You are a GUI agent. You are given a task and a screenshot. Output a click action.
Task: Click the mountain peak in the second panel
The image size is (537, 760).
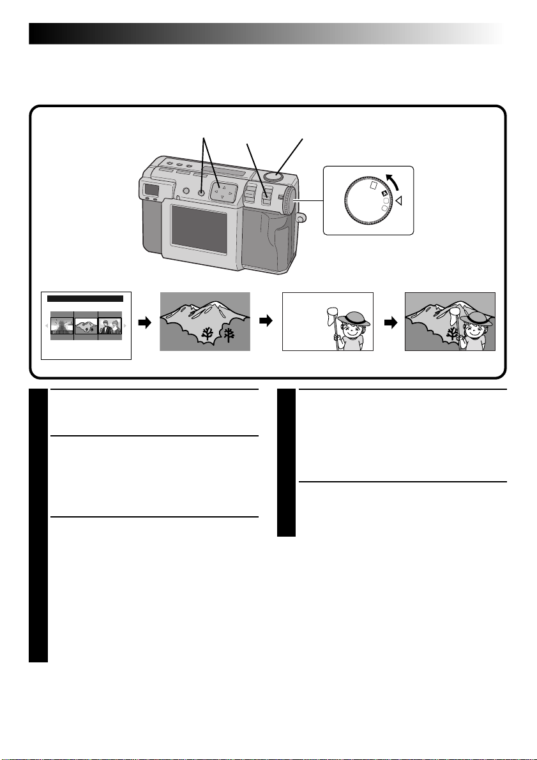point(220,305)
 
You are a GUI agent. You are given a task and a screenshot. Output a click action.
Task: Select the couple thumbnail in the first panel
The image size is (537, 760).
point(109,327)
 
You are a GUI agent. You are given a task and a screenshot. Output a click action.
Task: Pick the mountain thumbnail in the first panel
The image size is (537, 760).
point(86,327)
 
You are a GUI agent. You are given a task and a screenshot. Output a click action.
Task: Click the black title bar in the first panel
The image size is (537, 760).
point(86,298)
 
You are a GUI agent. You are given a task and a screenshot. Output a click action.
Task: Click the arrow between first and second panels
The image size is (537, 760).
point(146,324)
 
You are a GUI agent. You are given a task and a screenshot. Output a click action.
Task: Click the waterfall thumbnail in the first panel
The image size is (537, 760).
point(62,327)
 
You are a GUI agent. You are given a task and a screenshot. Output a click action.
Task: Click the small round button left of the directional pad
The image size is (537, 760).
point(201,192)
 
